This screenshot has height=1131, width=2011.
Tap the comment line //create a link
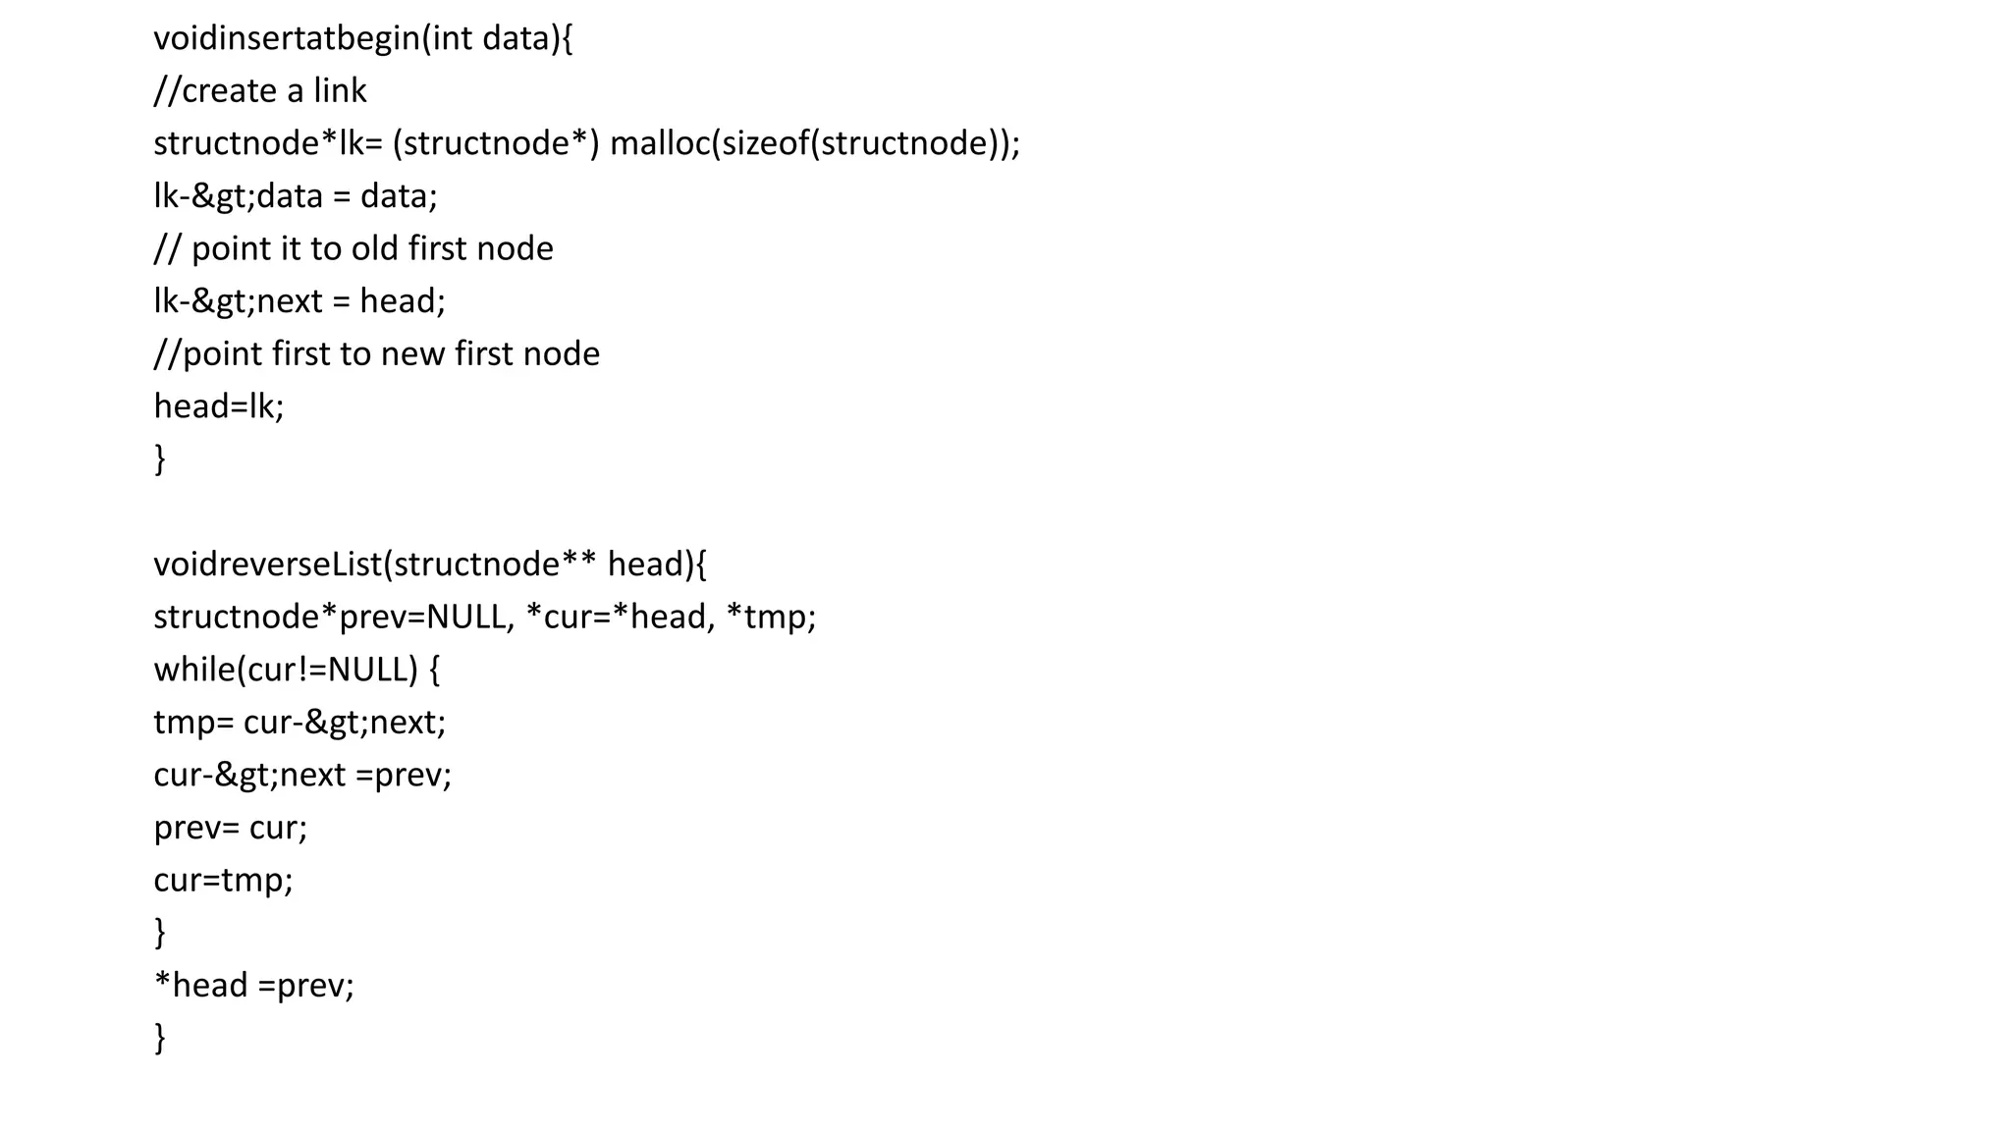coord(260,91)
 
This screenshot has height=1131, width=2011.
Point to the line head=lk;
coord(218,406)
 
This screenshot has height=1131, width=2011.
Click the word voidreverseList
coord(267,565)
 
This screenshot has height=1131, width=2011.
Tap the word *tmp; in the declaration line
coord(771,617)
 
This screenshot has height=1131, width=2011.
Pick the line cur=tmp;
coord(223,880)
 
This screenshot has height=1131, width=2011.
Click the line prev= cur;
coord(230,828)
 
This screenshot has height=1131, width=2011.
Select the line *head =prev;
coord(253,985)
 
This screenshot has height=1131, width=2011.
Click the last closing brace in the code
coord(160,1038)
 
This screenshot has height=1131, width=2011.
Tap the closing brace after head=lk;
coord(160,458)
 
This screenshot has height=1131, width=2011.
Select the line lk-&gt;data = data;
coord(295,196)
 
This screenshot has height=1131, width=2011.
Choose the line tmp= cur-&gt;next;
coord(299,723)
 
